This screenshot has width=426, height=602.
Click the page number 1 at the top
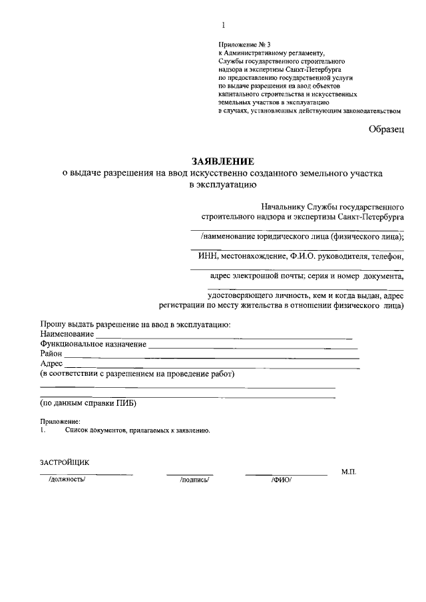[224, 25]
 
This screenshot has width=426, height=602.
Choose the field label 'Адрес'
[51, 364]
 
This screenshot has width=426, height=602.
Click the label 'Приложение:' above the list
[59, 422]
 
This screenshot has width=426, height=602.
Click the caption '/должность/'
[67, 480]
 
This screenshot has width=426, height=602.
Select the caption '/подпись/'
[194, 480]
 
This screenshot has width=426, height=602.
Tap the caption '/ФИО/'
[281, 480]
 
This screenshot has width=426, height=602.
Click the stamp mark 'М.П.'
[349, 471]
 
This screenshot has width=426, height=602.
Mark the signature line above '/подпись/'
[190, 474]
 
